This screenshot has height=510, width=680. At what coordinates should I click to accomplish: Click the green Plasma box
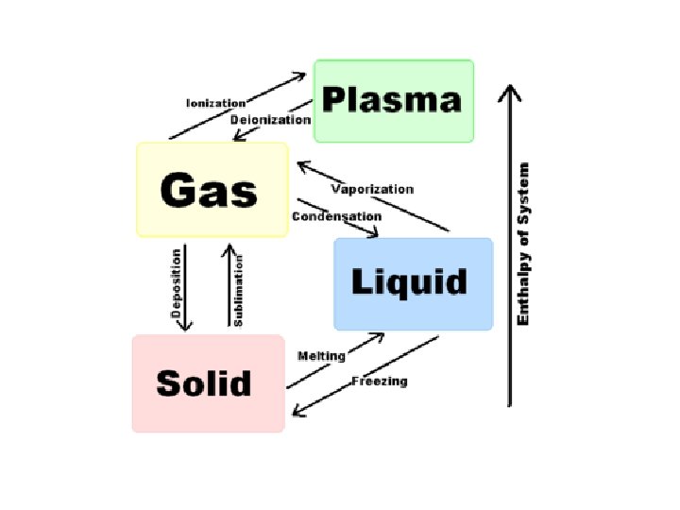tap(393, 101)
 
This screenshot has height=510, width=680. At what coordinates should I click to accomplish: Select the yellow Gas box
tap(212, 189)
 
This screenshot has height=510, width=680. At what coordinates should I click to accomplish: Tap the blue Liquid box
tap(413, 283)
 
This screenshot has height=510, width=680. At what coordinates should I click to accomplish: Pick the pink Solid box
tap(208, 382)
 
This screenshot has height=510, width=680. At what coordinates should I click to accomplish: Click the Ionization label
tap(215, 103)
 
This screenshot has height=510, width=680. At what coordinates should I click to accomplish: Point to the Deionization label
tap(270, 120)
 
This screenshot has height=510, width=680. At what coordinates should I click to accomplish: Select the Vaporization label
tap(372, 189)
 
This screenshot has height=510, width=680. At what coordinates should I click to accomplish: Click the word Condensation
tap(335, 216)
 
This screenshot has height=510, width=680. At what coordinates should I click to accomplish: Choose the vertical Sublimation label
tap(239, 288)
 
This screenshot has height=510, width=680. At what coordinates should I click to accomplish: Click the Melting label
tap(321, 356)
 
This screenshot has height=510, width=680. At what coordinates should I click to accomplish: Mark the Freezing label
tap(380, 382)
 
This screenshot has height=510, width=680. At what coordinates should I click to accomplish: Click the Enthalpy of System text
tap(524, 244)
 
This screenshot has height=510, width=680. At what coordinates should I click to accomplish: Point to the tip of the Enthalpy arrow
tap(510, 88)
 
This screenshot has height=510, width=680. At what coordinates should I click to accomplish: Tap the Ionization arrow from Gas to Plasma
tap(241, 105)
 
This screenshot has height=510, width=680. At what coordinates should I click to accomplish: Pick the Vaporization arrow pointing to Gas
tap(373, 198)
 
